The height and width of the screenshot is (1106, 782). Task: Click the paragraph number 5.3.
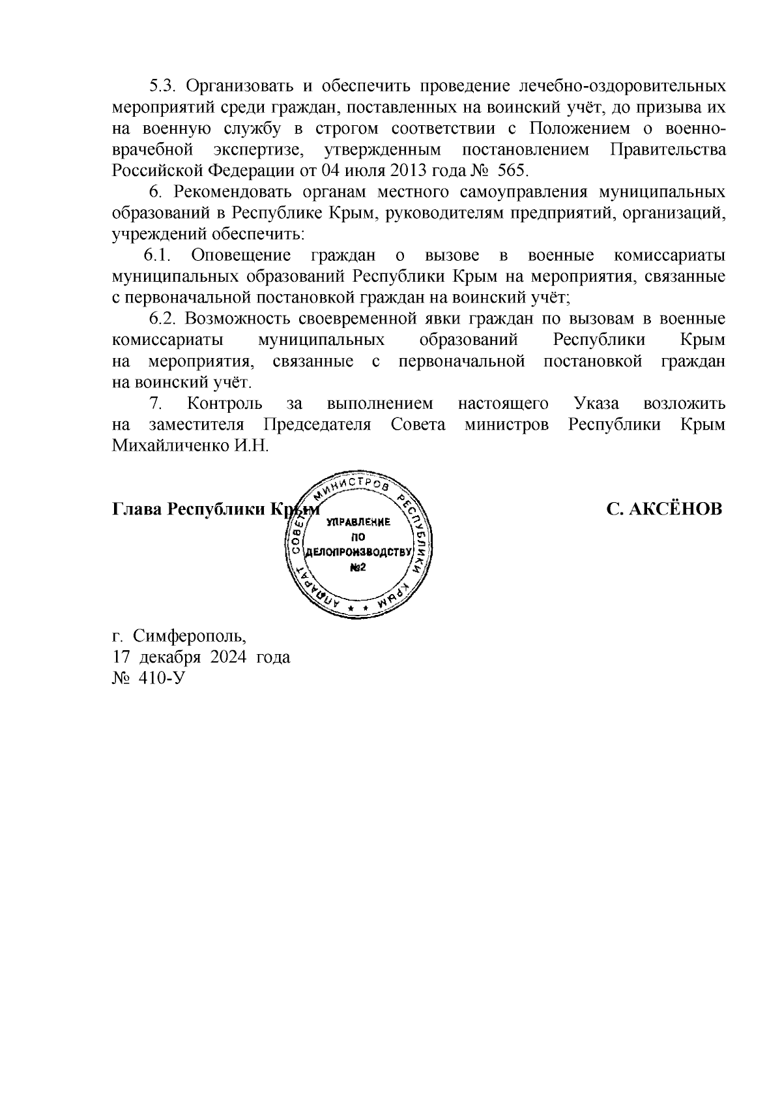point(162,86)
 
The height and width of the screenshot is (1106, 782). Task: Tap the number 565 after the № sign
point(511,171)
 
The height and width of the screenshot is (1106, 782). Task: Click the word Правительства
point(667,149)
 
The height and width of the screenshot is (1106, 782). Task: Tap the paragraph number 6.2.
point(162,319)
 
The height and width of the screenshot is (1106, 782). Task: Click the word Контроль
point(224,404)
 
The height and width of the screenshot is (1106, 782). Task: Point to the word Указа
point(597,404)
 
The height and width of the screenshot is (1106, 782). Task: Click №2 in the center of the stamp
point(358,567)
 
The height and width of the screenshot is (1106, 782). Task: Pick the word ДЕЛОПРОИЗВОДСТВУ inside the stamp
point(358,553)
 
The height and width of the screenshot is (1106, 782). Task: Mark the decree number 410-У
point(162,678)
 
